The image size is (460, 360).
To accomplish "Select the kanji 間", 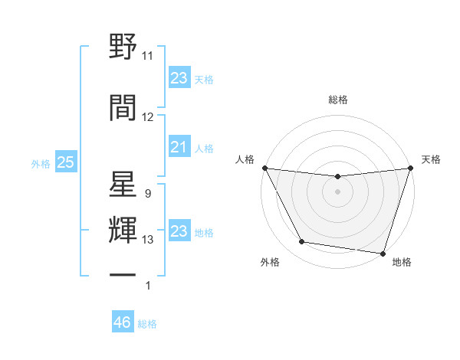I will pos(123,107).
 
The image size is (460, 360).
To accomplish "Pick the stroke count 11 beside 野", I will pos(148,56).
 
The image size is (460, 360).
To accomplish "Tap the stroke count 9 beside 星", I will pos(147,194).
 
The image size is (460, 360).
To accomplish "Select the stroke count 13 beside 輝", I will pos(148,240).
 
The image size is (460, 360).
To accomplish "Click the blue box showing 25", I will pos(65,162).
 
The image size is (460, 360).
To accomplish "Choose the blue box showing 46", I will pos(123,322).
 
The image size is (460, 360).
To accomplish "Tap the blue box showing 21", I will pos(179,147).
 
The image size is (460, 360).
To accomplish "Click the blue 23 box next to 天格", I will pos(179,78).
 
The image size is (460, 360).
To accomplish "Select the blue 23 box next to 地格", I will pos(179,231).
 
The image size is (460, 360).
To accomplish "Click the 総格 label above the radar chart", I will pos(338,100).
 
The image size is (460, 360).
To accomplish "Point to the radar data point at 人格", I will pos(264,168).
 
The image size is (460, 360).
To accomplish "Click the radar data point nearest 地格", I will pos(383,253).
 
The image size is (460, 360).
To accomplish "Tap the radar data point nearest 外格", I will pos(302,242).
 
